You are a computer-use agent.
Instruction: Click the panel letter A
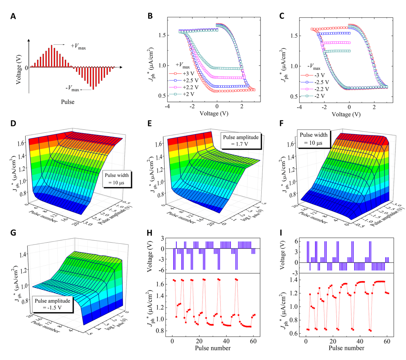(x=14, y=16)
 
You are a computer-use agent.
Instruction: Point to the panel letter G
(x=14, y=233)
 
